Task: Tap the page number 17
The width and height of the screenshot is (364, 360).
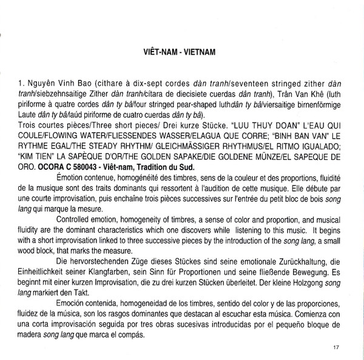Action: click(337, 347)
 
